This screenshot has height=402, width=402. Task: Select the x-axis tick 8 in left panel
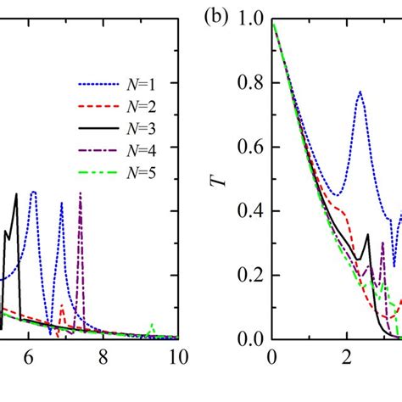coord(103,356)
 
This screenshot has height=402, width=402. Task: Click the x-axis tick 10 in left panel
coord(175,356)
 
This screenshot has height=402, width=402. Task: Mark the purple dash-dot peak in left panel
coord(81,194)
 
